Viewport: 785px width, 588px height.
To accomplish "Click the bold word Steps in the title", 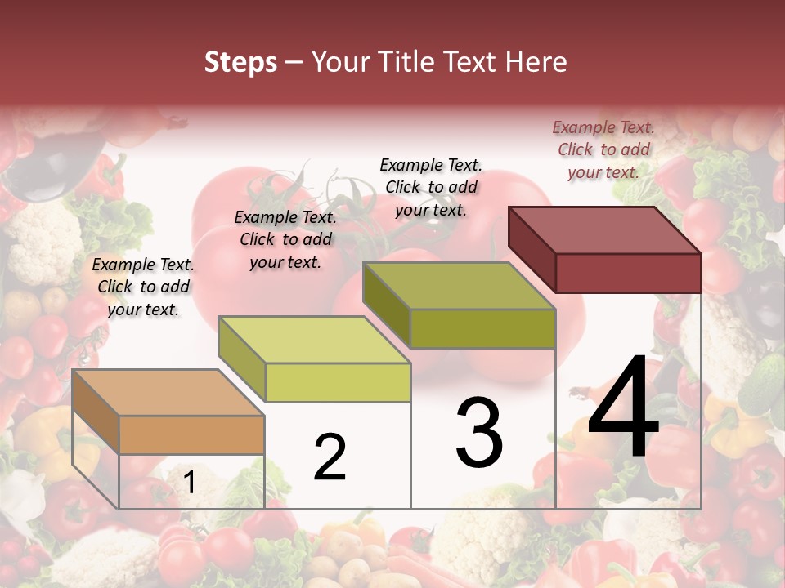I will pos(240,62).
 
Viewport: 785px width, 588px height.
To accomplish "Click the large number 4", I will pos(623,410).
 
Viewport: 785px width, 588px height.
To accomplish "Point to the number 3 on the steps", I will pos(479,433).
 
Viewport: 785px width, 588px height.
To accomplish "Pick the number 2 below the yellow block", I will pos(330,457).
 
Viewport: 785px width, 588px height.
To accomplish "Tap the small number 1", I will pos(189,483).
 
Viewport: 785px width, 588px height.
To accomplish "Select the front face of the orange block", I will pos(192,434).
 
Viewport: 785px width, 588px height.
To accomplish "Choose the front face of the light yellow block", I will pos(338,382).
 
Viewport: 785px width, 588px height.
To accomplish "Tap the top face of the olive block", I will pos(458,285).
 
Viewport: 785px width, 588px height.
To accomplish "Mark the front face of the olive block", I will pos(482,328).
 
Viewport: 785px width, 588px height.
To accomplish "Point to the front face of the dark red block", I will pos(628,273).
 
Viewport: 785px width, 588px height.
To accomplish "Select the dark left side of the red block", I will pos(532,249).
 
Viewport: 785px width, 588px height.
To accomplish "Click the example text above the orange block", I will pos(143,287).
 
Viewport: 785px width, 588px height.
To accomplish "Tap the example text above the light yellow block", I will pos(285,239).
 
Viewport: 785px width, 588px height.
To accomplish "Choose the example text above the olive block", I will pos(431,187).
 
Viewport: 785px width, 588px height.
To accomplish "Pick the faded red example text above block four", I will pos(603,149).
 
